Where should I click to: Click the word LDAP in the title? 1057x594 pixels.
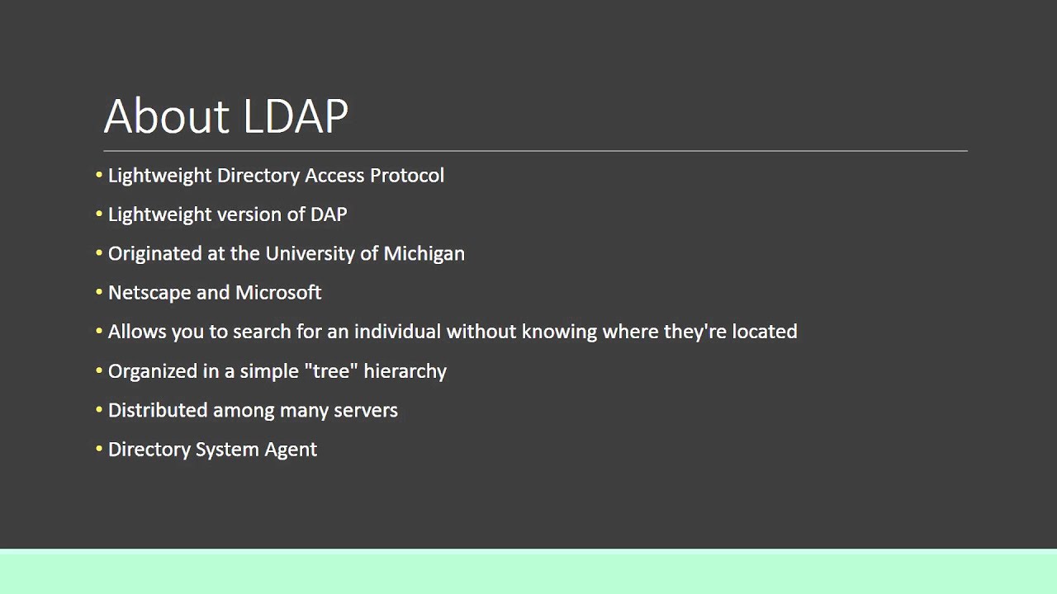pyautogui.click(x=296, y=116)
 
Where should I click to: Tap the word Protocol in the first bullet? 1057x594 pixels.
pyautogui.click(x=406, y=176)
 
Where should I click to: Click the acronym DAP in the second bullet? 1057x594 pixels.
pyautogui.click(x=328, y=214)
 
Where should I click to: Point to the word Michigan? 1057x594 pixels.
pyautogui.click(x=424, y=254)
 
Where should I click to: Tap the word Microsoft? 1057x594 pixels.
pyautogui.click(x=278, y=293)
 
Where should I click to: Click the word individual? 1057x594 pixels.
pyautogui.click(x=398, y=332)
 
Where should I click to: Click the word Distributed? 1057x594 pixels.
pyautogui.click(x=157, y=411)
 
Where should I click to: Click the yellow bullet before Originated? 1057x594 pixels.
pyautogui.click(x=99, y=253)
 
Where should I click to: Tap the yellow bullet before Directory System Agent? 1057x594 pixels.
pyautogui.click(x=99, y=449)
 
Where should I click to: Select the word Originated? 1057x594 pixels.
pyautogui.click(x=154, y=254)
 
